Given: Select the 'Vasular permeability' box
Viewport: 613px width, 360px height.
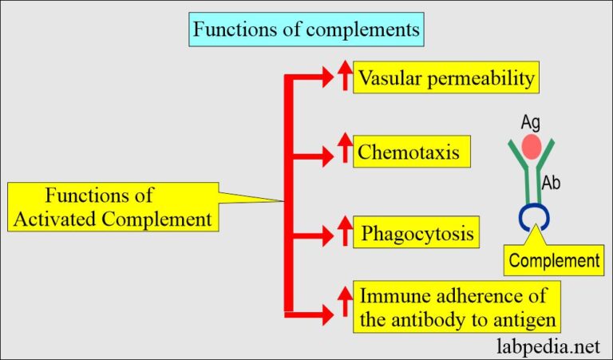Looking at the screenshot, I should pos(446,79).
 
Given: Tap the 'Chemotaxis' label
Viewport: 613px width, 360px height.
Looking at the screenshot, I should pos(409,151).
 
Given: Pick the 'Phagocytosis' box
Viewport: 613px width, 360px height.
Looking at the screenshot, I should pos(418,234).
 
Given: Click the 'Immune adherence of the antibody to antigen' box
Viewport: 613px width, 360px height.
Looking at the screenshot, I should pos(454,310).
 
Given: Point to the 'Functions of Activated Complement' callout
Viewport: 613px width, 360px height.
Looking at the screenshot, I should pos(112,208).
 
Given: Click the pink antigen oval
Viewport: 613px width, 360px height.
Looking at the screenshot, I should pos(531,147).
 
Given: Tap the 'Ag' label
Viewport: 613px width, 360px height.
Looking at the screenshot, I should pos(532,122).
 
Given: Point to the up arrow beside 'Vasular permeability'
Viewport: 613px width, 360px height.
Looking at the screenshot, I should pos(345,77).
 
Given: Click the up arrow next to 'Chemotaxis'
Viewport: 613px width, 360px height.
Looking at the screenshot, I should pos(345,149).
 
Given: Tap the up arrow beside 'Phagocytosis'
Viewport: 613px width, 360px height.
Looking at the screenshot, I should pos(345,232).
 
